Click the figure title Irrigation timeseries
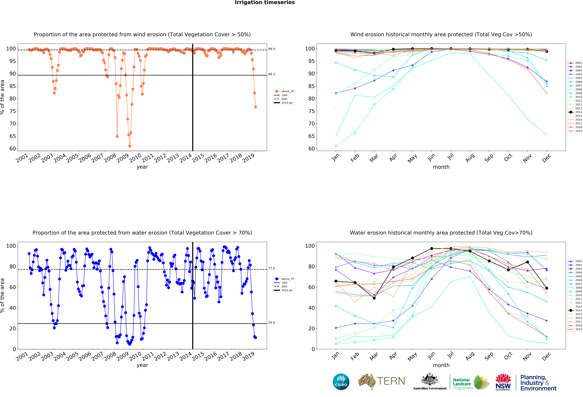point(265,2)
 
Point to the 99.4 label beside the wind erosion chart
point(271,49)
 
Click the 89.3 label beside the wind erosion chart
point(271,74)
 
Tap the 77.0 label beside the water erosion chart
point(271,268)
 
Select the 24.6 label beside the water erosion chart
point(271,323)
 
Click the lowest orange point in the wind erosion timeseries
point(130,146)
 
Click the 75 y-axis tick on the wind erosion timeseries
point(13,111)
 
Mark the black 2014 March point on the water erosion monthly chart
point(374,298)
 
